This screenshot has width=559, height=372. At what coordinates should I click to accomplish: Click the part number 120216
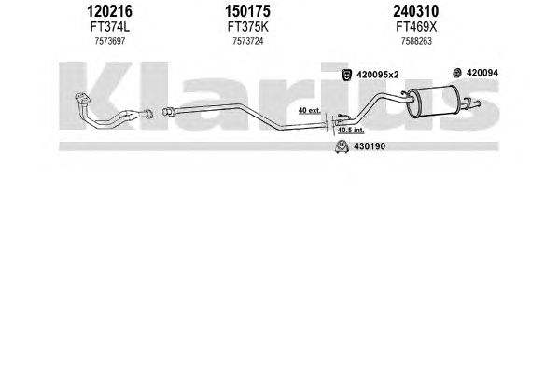click(x=109, y=11)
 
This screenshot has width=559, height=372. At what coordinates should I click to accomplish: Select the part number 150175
click(x=247, y=11)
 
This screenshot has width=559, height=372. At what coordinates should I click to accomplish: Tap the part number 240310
click(x=416, y=11)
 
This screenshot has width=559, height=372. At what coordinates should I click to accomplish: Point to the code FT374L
click(x=109, y=27)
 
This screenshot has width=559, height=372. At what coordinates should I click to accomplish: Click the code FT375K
click(x=248, y=27)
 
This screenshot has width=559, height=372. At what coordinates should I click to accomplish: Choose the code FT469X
click(x=416, y=27)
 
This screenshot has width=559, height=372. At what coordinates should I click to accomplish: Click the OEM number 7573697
click(x=110, y=41)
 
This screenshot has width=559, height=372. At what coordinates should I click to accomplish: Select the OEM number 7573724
click(x=248, y=41)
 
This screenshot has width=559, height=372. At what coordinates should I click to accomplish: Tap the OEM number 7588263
click(x=416, y=41)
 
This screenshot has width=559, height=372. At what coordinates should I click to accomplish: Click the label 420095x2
click(x=378, y=75)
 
